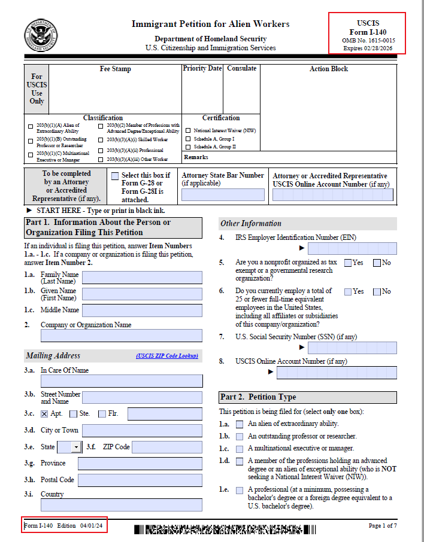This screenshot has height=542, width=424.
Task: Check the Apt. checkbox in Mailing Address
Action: [x=44, y=414]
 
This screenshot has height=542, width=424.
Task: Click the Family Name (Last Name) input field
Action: [x=142, y=278]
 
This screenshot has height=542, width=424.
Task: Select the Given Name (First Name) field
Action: [x=142, y=294]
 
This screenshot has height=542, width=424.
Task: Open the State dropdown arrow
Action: [x=76, y=447]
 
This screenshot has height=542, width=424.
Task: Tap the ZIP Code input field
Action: [x=167, y=447]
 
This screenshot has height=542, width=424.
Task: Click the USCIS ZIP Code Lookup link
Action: [x=167, y=356]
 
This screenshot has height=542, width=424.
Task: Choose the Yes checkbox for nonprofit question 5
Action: [x=348, y=263]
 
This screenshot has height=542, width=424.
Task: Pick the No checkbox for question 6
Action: [x=377, y=291]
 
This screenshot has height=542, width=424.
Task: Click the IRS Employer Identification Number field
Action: [x=352, y=248]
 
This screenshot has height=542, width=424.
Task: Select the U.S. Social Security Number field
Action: [x=352, y=348]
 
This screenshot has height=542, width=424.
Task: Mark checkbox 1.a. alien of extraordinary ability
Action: [x=240, y=424]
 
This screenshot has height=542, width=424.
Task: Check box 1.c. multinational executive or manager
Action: [x=240, y=449]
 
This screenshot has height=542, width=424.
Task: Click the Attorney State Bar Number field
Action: [x=223, y=194]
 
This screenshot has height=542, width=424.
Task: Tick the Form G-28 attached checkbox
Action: [x=115, y=176]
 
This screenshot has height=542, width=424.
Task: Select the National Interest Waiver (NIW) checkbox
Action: [x=188, y=130]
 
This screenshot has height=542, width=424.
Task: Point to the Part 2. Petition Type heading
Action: [x=258, y=397]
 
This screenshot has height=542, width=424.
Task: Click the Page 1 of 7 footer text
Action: [x=383, y=526]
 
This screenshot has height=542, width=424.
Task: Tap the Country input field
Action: [x=142, y=504]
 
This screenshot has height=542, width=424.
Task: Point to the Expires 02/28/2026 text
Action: [x=367, y=48]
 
